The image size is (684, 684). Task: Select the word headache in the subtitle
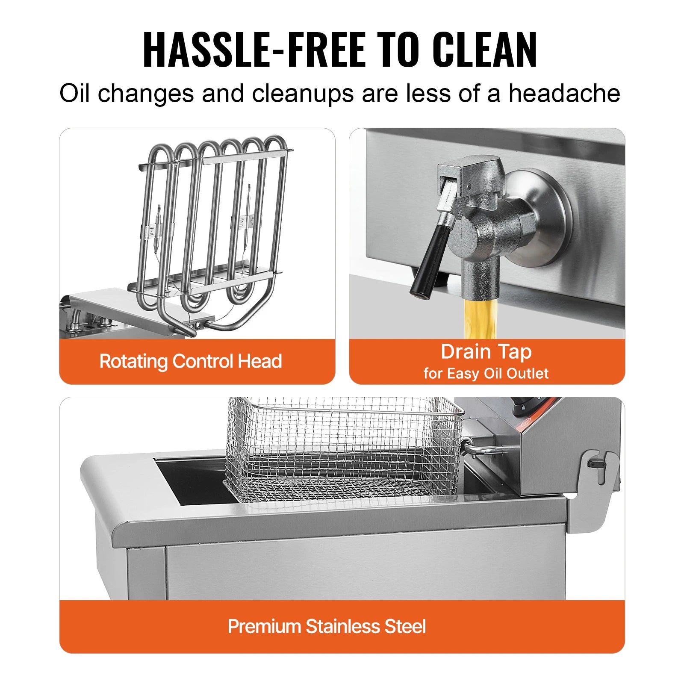[564, 93]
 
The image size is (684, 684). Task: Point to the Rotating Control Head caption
[191, 361]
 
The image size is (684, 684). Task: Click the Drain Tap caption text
[486, 352]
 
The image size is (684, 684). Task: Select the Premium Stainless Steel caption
[327, 626]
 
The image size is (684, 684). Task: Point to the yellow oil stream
[481, 318]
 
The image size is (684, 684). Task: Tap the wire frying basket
[342, 449]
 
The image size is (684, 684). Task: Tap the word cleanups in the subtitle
[302, 93]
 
